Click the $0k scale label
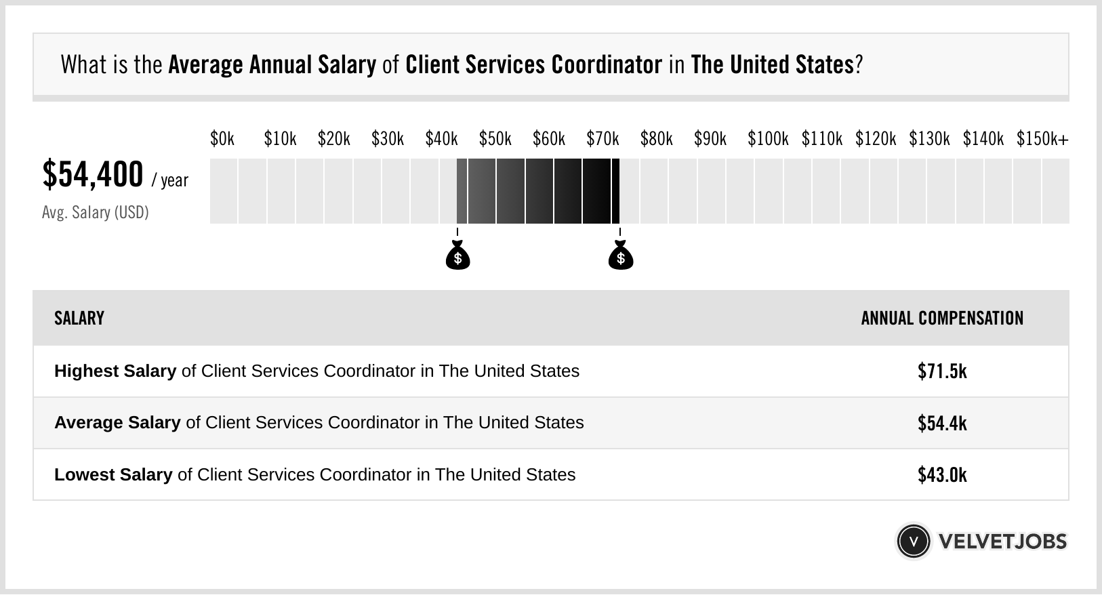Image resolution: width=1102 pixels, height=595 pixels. pos(222,139)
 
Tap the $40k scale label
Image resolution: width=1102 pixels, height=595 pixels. pos(441,139)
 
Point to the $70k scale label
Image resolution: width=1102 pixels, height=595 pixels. pos(603,139)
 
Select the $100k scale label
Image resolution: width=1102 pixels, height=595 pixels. pos(767,139)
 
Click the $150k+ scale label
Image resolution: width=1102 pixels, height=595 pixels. pos(1042,139)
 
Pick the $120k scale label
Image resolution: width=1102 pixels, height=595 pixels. pos(875,139)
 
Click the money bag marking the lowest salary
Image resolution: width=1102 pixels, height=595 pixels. pos(457,255)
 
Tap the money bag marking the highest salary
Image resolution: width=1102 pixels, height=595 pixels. pos(620,255)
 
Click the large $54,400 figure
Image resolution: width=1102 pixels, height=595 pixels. pos(93,175)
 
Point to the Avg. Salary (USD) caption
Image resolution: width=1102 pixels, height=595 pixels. pos(95,213)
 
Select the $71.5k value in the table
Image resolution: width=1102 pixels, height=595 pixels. pos(942,371)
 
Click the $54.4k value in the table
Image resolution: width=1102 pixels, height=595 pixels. pos(942,423)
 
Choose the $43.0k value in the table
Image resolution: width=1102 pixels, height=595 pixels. pos(942,475)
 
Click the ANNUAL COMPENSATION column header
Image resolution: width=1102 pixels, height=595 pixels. pos(942,319)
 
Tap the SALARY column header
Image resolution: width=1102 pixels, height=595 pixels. pos(79,319)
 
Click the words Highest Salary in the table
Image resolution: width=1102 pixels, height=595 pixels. pos(115,371)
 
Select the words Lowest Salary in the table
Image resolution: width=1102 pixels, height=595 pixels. pos(113,475)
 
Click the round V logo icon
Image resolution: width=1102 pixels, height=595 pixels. pos(913,541)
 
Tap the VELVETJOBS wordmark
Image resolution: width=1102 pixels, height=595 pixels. pos(1002,541)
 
